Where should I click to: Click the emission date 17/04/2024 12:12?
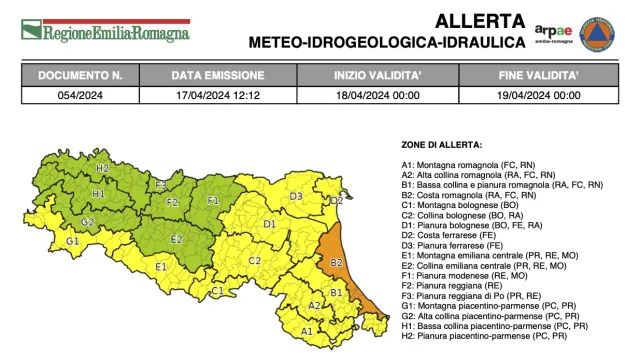point(217,95)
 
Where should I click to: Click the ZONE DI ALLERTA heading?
point(441,144)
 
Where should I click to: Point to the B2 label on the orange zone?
point(336,262)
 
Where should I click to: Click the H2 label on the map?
point(103,168)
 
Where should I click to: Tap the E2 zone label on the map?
point(176,239)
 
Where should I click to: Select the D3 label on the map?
point(296,197)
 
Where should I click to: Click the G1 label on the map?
point(72,241)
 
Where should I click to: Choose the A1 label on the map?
point(308,330)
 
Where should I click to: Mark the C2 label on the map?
point(254,260)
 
